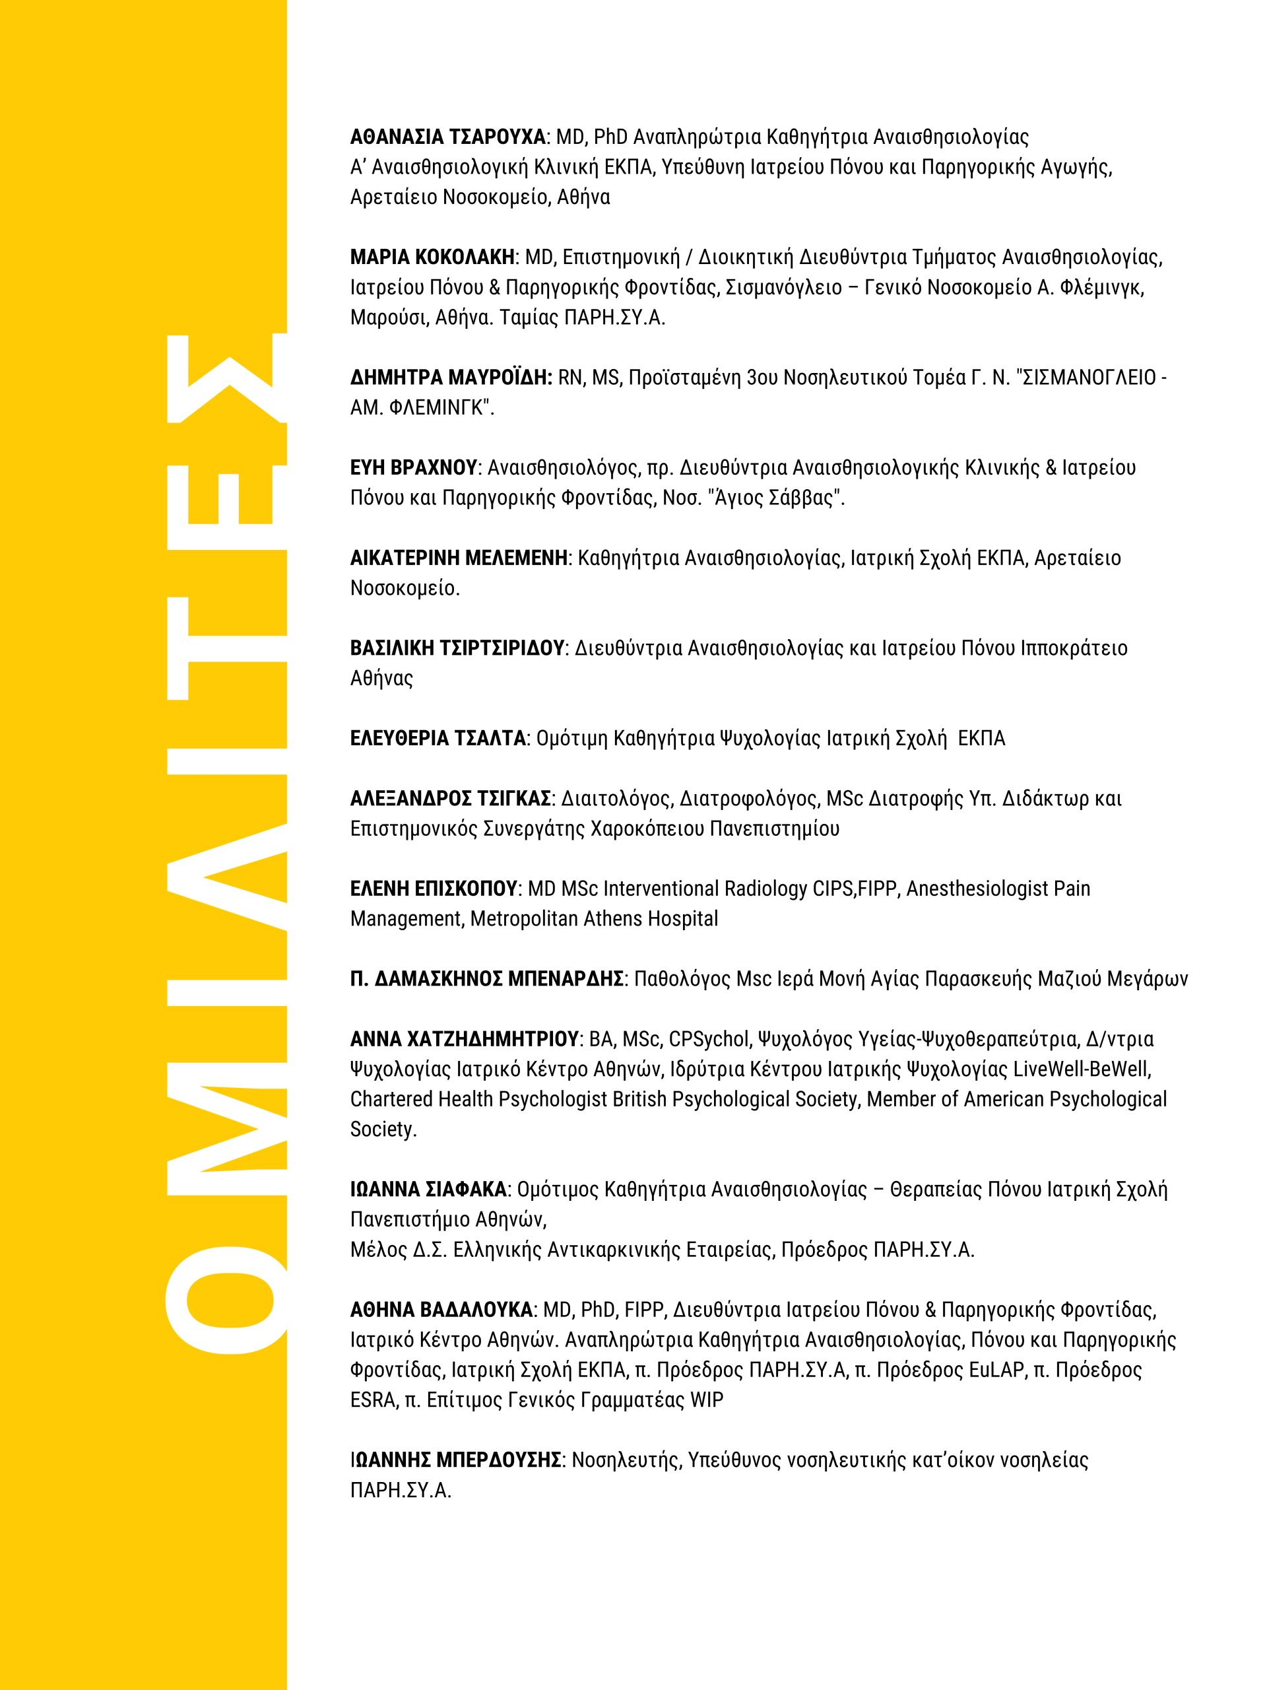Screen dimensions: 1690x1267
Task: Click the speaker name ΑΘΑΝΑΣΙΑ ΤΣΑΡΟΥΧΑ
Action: point(448,137)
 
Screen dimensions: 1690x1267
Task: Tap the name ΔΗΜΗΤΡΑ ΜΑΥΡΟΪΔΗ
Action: point(451,378)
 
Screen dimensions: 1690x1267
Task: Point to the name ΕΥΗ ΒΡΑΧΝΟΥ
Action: point(414,467)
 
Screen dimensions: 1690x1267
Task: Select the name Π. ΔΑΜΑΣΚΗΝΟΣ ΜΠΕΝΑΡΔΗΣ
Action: point(487,979)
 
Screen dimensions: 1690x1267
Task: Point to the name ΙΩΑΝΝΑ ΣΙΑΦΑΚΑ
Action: point(428,1190)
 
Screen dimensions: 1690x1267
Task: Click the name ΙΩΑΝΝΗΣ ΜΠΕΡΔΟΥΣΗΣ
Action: point(456,1460)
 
